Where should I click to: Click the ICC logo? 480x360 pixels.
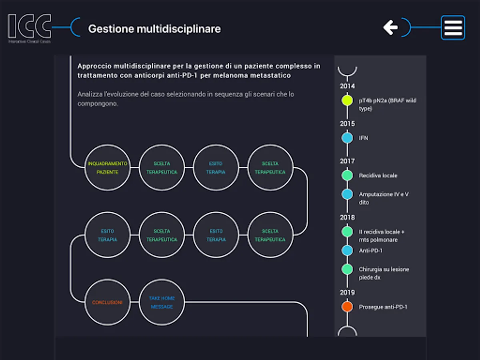[x=29, y=28]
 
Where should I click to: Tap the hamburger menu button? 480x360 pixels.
[x=453, y=28]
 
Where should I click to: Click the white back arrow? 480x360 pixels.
[x=390, y=27]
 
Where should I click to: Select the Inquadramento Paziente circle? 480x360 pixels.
[x=108, y=168]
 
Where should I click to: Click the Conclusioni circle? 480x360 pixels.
[x=108, y=302]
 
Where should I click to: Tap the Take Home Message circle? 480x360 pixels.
[x=162, y=302]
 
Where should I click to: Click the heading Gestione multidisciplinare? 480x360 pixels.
[x=154, y=29]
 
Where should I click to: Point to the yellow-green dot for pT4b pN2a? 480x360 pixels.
[x=347, y=100]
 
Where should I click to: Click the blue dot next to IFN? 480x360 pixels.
[x=347, y=138]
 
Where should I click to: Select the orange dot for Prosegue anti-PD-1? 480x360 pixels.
[x=347, y=307]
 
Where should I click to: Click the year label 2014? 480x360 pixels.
[x=347, y=86]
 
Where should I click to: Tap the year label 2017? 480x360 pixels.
[x=347, y=161]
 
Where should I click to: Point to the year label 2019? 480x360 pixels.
[x=347, y=292]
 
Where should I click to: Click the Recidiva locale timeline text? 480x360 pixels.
[x=378, y=176]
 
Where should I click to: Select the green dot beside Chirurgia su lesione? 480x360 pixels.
[x=347, y=269]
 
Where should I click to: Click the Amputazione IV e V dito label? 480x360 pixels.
[x=383, y=198]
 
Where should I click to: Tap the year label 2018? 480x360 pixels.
[x=347, y=218]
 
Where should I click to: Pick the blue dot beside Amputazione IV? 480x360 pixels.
[x=347, y=194]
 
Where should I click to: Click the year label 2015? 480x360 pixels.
[x=347, y=124]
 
